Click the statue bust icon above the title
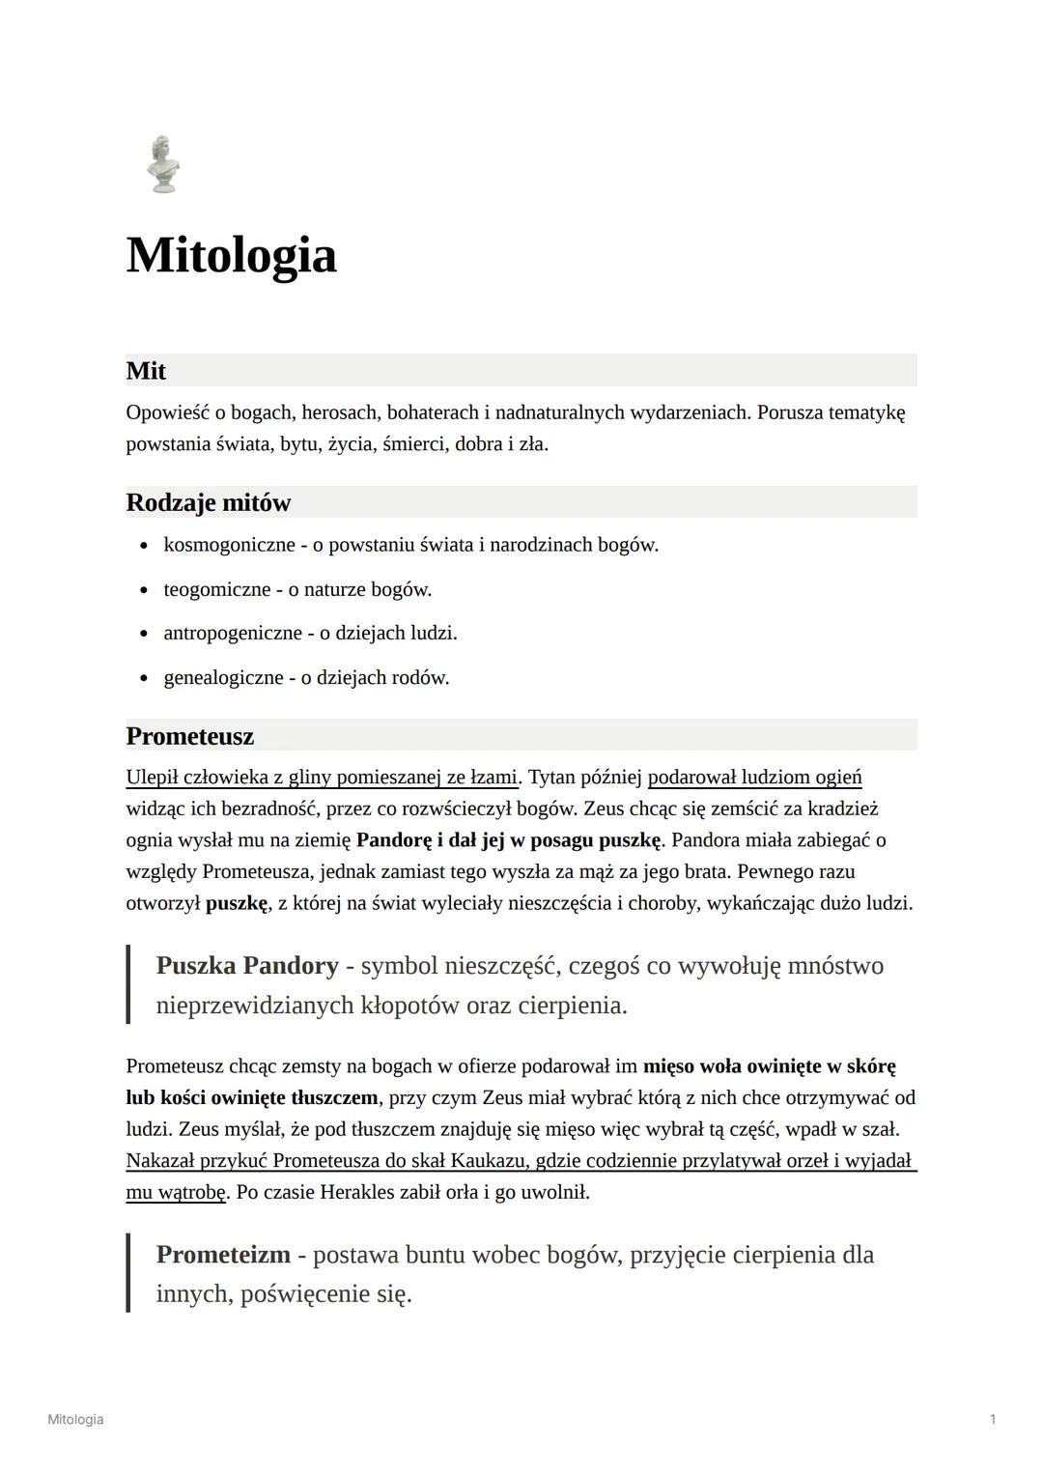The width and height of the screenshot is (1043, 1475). click(x=163, y=164)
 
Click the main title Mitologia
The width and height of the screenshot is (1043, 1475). click(x=231, y=255)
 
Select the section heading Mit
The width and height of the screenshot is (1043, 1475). click(x=146, y=371)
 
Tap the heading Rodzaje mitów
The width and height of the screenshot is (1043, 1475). click(x=208, y=502)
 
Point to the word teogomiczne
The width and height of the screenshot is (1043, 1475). click(x=216, y=589)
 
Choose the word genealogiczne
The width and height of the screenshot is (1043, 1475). click(x=223, y=677)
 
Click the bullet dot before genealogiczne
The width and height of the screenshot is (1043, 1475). click(x=144, y=678)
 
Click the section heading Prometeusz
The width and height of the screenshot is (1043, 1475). click(x=189, y=736)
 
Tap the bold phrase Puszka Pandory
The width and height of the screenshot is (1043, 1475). click(x=247, y=966)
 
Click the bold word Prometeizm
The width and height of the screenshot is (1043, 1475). click(x=223, y=1255)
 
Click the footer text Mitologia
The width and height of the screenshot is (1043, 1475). click(x=75, y=1419)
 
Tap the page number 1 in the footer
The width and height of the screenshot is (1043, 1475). click(x=993, y=1419)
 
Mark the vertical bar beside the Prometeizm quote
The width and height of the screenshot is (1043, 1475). click(x=128, y=1272)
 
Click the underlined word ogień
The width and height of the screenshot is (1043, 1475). click(x=838, y=778)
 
